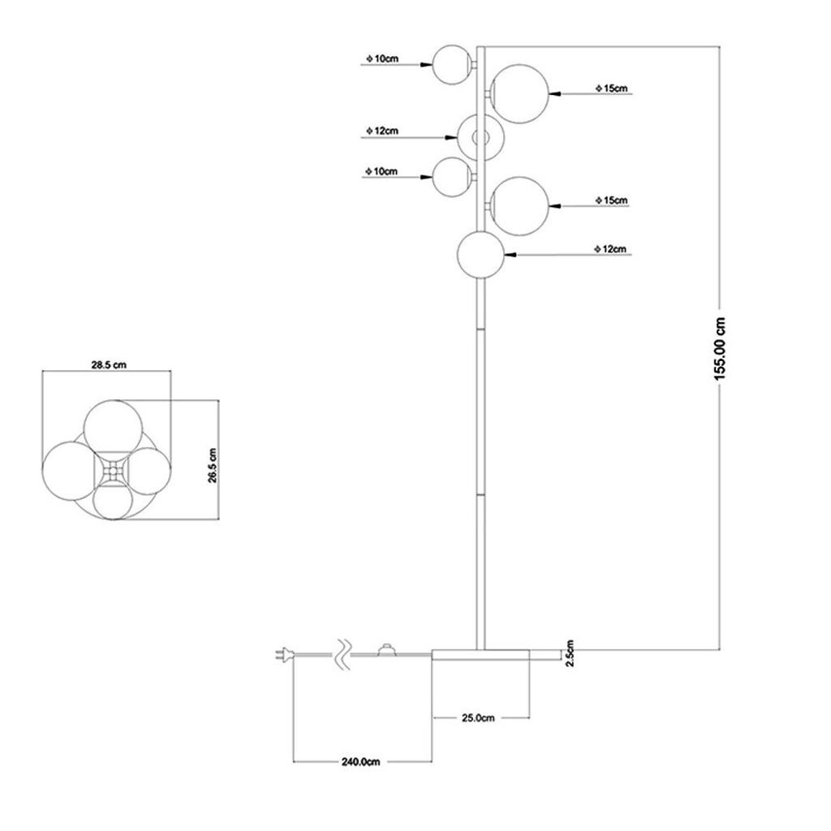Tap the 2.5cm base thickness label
pyautogui.click(x=570, y=651)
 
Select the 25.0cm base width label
pyautogui.click(x=479, y=717)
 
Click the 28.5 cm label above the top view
pyautogui.click(x=108, y=365)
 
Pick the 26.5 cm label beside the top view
pyautogui.click(x=212, y=465)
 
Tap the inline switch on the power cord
pyautogui.click(x=386, y=649)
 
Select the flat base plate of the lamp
pyautogui.click(x=480, y=655)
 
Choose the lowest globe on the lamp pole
pyautogui.click(x=482, y=254)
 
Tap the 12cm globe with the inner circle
pyautogui.click(x=480, y=137)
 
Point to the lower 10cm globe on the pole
pyautogui.click(x=451, y=176)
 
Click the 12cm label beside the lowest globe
pyautogui.click(x=611, y=249)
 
